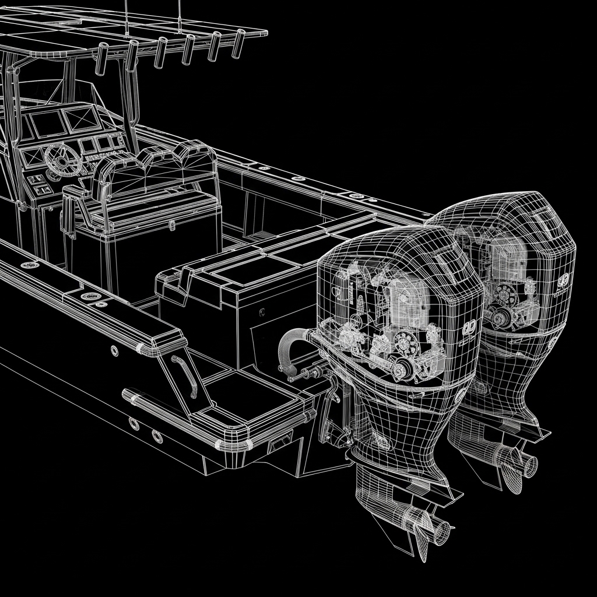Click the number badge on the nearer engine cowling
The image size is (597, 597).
click(x=470, y=328)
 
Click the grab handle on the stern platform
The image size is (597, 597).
click(x=185, y=376)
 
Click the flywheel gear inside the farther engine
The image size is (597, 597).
click(x=507, y=296)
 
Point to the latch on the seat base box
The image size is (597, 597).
click(x=171, y=224)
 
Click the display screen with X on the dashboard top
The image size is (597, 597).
click(x=79, y=119)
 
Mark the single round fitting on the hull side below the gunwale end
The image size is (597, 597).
click(x=114, y=350)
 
